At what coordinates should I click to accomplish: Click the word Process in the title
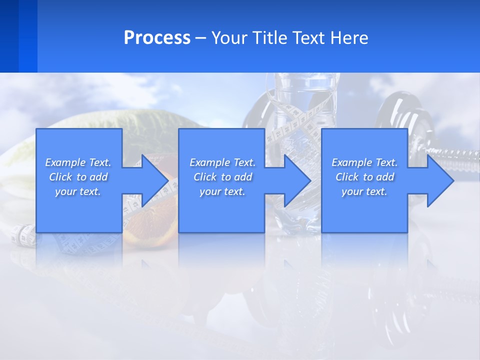tap(157, 38)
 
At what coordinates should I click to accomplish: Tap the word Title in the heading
tap(270, 38)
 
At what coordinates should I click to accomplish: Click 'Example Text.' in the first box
tap(78, 162)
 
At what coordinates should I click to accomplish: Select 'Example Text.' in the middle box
tap(222, 162)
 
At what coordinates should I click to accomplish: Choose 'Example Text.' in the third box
tap(364, 162)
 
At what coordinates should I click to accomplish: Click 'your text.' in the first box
tap(78, 191)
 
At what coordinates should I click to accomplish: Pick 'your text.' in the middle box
tap(222, 191)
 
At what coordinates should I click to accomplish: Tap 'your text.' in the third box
tap(364, 191)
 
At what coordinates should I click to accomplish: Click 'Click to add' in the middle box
tap(222, 177)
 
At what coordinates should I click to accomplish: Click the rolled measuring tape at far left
tap(23, 235)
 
